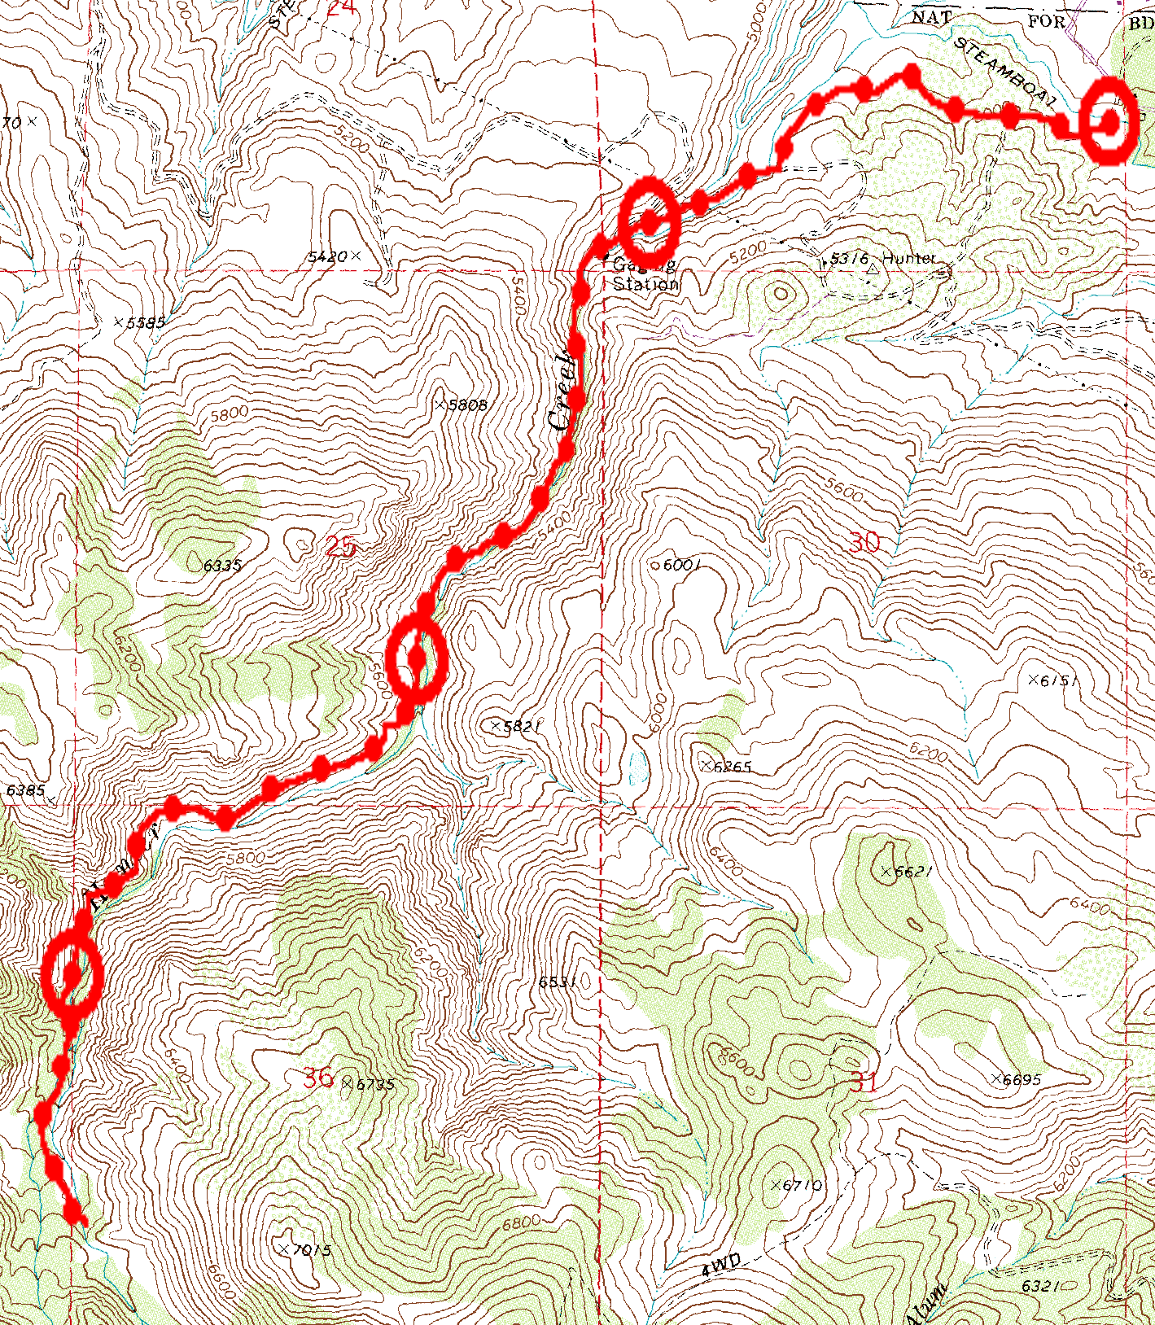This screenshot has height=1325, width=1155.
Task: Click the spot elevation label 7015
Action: coord(311,1249)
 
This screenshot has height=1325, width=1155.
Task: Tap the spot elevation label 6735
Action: coord(375,1084)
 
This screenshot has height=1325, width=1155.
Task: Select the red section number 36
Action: coord(318,1078)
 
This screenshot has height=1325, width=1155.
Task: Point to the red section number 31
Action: coord(864,1082)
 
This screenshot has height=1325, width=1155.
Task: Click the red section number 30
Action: coord(864,542)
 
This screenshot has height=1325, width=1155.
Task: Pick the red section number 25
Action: coord(340,546)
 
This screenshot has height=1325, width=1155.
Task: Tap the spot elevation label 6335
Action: coord(222,565)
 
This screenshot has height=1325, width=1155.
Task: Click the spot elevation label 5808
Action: coord(467,404)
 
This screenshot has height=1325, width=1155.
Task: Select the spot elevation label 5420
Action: coord(328,257)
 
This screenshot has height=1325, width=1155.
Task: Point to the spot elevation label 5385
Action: coord(146,322)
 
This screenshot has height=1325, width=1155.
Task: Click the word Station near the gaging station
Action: coord(645,284)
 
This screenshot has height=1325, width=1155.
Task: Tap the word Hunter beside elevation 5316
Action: coord(908,258)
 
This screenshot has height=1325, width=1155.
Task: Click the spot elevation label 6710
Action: coord(802,1185)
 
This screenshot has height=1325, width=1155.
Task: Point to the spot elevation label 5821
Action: coord(521,725)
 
